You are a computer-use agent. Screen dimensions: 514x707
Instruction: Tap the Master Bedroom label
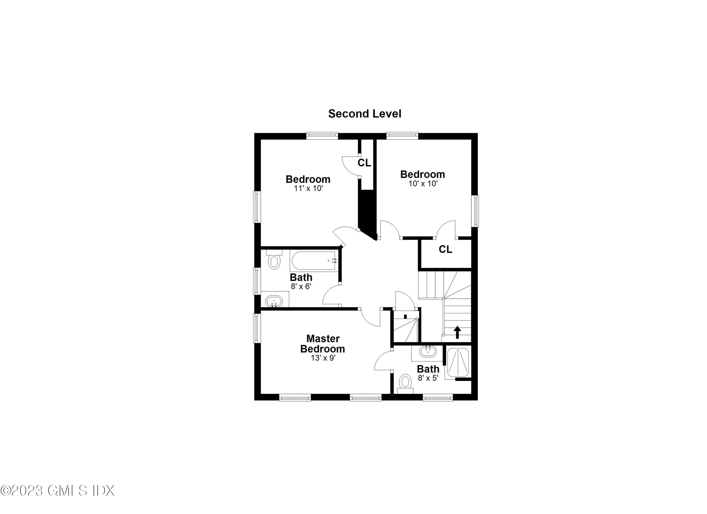point(323,344)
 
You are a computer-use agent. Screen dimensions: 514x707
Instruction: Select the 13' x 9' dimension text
point(323,358)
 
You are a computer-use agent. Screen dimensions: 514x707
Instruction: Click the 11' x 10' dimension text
point(308,188)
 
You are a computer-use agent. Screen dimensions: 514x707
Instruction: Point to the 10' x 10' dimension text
point(423,184)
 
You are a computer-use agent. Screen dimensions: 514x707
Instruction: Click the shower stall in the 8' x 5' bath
point(458,362)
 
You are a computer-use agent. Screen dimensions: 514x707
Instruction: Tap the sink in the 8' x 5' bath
point(426,351)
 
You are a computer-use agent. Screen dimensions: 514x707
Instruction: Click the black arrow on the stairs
point(457,332)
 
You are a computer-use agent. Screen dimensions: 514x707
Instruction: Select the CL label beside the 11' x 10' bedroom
point(364,163)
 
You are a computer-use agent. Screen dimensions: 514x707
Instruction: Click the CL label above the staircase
point(445,249)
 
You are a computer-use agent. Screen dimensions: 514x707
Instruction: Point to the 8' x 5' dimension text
point(428,378)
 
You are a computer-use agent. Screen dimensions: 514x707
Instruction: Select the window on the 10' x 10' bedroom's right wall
point(475,211)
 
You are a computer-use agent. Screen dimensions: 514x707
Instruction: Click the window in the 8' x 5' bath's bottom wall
point(438,397)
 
